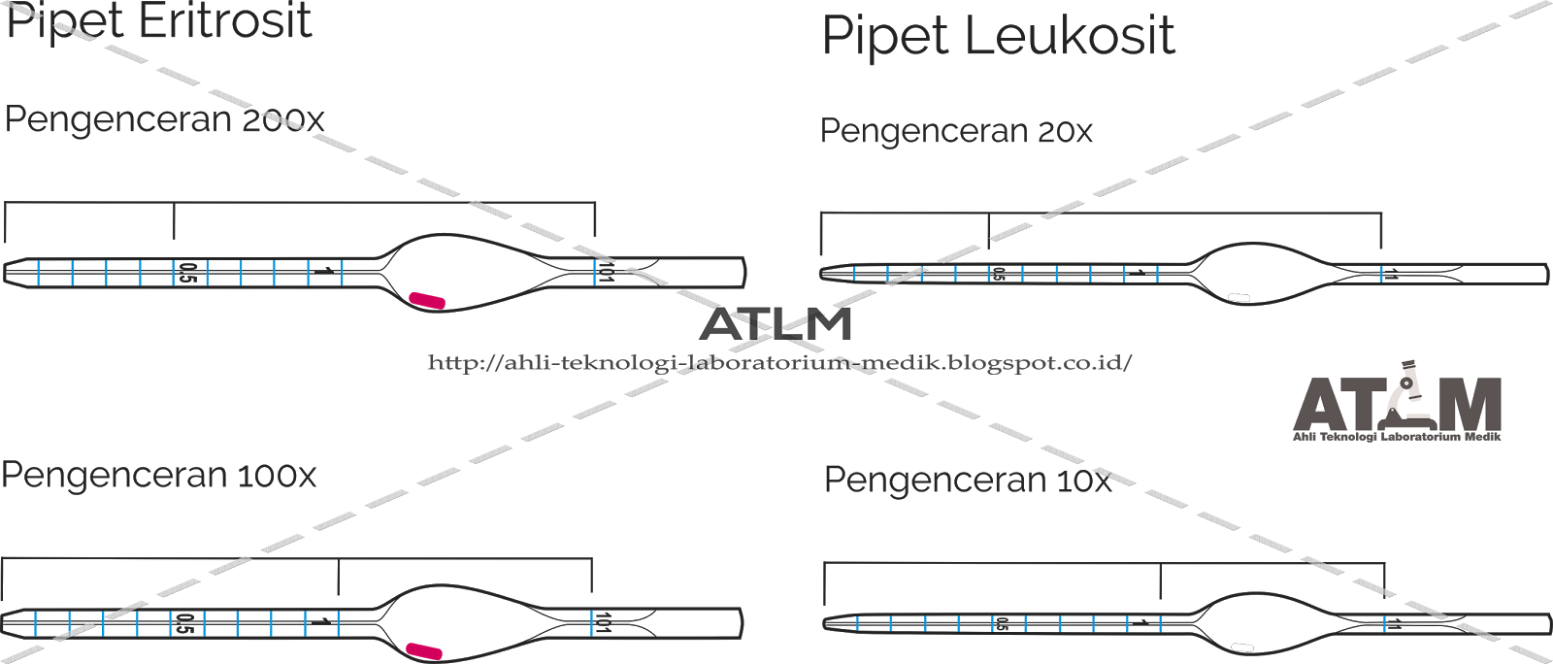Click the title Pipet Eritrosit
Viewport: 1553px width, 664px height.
(158, 21)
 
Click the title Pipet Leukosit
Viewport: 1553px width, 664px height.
(998, 37)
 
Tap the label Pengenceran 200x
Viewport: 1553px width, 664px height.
(164, 119)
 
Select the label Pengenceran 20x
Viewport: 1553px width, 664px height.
(956, 131)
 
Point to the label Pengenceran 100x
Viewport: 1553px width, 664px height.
(159, 476)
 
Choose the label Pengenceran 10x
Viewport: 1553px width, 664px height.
(967, 481)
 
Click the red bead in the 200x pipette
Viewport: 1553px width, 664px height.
(427, 301)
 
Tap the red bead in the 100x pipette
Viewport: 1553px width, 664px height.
(424, 650)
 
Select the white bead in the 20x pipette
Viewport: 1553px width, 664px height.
(1239, 298)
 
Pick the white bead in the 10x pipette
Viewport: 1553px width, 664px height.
(1242, 647)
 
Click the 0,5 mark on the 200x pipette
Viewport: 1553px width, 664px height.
(188, 273)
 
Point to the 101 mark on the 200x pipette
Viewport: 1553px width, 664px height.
(606, 275)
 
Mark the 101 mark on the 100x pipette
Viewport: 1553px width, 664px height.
(603, 623)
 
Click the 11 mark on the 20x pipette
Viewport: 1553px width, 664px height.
(1393, 275)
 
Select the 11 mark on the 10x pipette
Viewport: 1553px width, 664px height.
(1396, 624)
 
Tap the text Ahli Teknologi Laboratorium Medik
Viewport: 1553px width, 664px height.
(1397, 437)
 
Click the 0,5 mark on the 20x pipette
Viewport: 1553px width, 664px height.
(998, 275)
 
